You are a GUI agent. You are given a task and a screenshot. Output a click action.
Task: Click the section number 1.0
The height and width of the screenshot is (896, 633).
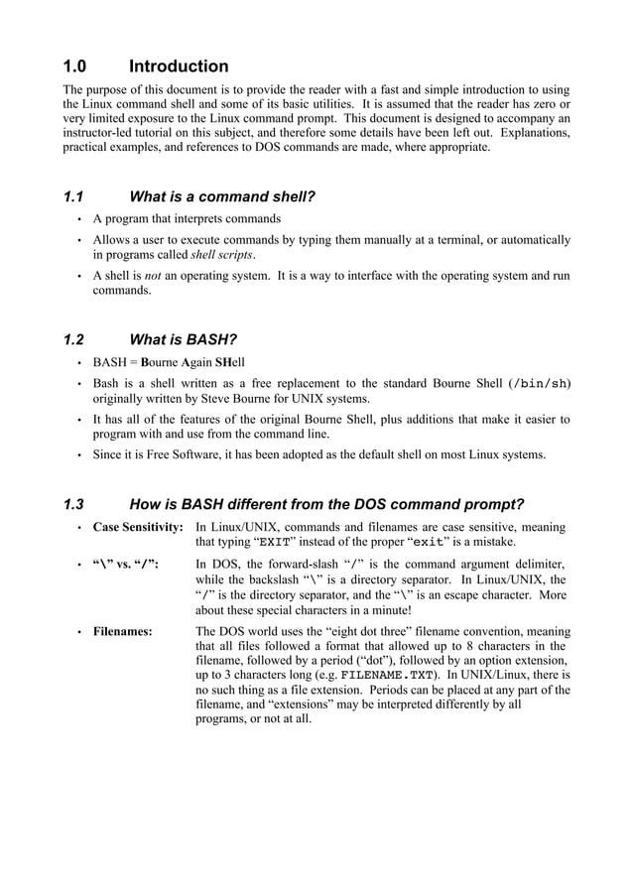[x=75, y=66]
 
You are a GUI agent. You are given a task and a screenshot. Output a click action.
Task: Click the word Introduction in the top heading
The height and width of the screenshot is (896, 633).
[x=179, y=66]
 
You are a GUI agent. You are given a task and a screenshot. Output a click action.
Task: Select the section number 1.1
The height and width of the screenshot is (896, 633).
[x=74, y=196]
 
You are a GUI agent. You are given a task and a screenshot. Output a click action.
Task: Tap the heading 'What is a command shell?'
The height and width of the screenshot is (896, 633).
[x=222, y=196]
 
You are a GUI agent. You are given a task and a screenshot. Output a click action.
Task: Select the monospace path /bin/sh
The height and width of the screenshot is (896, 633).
[x=539, y=383]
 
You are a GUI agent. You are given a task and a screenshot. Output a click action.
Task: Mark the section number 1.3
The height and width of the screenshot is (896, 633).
[x=74, y=503]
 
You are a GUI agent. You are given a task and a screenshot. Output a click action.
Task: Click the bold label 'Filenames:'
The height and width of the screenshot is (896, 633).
[x=122, y=631]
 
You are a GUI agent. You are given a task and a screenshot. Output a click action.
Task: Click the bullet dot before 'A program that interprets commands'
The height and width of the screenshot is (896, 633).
[x=78, y=219]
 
